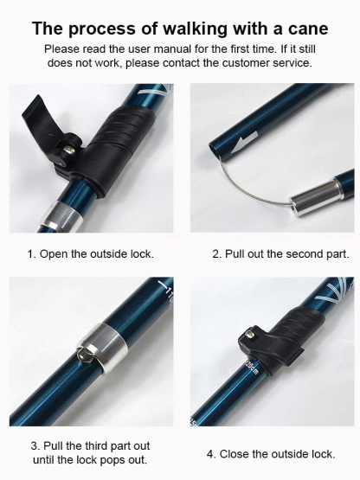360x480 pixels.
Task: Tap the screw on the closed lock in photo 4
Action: [250, 333]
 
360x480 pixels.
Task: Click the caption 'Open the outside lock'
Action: [90, 254]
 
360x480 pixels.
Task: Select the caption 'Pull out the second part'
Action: [281, 254]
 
